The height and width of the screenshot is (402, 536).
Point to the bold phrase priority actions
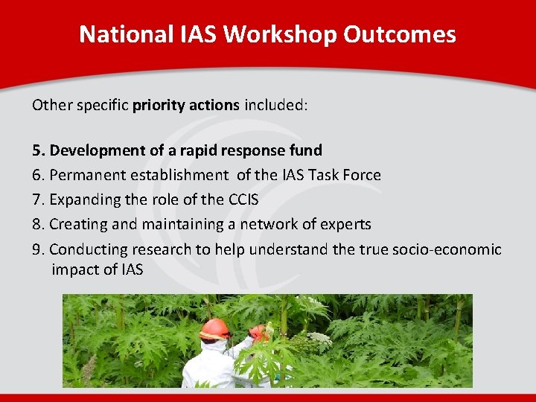186,105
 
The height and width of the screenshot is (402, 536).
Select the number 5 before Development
36,150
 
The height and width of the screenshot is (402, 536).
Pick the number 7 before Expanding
36,200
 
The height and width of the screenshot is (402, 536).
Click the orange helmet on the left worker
214,328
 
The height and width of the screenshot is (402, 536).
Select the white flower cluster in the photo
319,339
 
